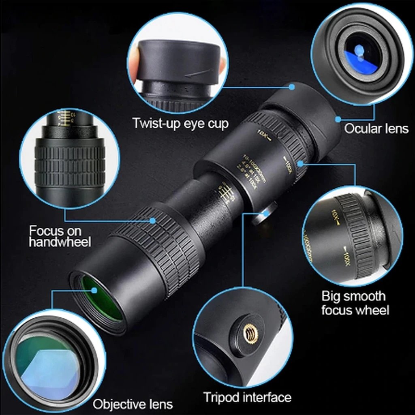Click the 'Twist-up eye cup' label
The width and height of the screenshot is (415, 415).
pos(180,123)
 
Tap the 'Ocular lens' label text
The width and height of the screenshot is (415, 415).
pos(376,129)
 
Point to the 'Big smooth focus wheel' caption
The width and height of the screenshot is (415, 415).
pos(355,303)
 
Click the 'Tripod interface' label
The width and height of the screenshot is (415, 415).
pos(247,397)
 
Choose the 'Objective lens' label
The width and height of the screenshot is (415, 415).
pos(133,404)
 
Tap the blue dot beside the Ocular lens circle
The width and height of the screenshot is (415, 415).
pos(338,119)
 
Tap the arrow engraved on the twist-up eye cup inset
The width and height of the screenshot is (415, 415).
pos(199,73)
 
